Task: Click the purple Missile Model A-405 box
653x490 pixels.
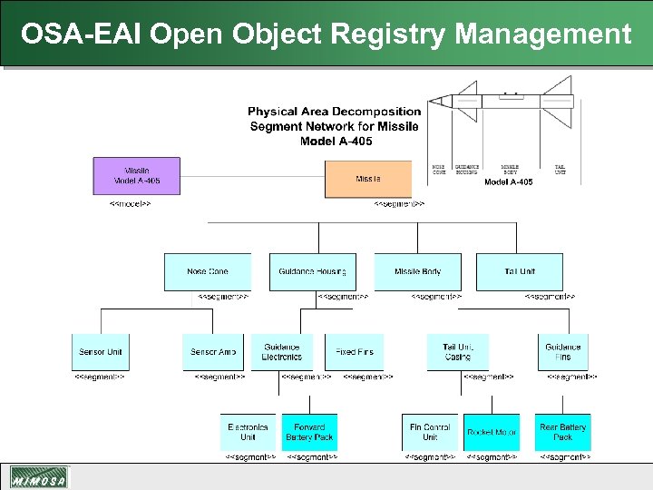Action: coord(137,176)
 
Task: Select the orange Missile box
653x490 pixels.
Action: coord(368,179)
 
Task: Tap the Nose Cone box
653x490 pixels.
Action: coord(208,272)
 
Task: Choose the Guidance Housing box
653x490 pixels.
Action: coord(313,272)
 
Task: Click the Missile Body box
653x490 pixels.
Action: coord(417,272)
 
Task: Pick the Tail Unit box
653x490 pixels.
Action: coord(520,272)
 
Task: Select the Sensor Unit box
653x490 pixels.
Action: coord(101,352)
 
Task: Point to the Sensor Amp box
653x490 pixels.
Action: coord(213,352)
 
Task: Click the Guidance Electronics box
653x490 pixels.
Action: coord(282,352)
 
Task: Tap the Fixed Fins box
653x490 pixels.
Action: coord(354,352)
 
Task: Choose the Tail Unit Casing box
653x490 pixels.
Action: coord(458,352)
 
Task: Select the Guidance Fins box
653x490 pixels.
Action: coord(563,352)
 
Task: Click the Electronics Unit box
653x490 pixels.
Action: coord(248,432)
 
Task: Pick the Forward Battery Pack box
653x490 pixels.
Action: coord(310,432)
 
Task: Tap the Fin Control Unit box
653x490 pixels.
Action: coord(430,432)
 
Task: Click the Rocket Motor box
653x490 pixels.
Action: coord(492,432)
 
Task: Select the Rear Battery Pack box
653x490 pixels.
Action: coord(563,432)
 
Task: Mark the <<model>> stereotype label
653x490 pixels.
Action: coord(131,205)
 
